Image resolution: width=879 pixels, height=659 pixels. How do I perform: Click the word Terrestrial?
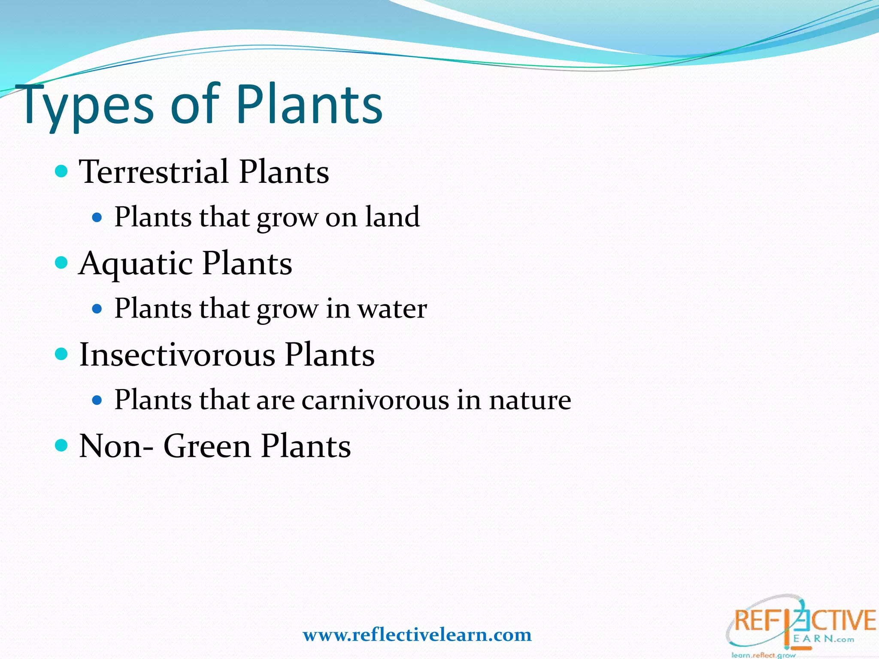pos(154,172)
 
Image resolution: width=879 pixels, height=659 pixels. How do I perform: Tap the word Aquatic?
pos(136,263)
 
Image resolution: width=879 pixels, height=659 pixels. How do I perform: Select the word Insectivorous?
pos(177,355)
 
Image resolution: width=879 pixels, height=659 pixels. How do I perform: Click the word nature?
pos(530,400)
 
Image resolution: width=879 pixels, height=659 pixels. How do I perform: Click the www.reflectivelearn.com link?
pos(417,635)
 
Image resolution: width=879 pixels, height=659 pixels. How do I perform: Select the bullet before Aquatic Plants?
pos(62,263)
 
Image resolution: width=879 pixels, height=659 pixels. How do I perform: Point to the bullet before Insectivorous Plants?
pos(62,354)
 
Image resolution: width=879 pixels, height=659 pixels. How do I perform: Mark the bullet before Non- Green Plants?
pos(62,445)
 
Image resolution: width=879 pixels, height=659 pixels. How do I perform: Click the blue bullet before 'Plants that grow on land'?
pos(97,218)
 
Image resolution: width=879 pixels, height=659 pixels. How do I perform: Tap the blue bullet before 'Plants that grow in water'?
pos(97,309)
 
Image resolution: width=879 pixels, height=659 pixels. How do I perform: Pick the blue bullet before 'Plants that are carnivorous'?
pos(97,400)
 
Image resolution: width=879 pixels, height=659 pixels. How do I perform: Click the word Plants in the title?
pos(309,105)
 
